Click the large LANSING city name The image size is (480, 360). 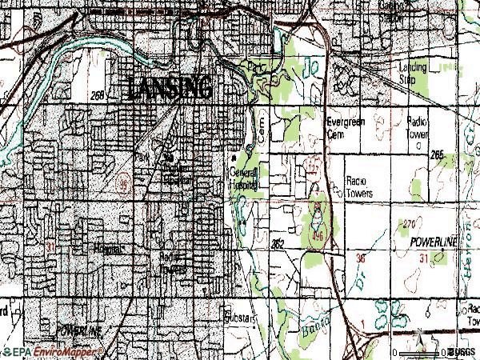coord(168,87)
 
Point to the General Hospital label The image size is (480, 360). coord(243,178)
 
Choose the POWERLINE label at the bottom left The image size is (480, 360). coord(80,330)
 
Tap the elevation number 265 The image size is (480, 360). coord(437,154)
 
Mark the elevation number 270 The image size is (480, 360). coord(410,223)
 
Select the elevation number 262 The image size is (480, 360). coord(278,242)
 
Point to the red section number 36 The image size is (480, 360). coord(360,258)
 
